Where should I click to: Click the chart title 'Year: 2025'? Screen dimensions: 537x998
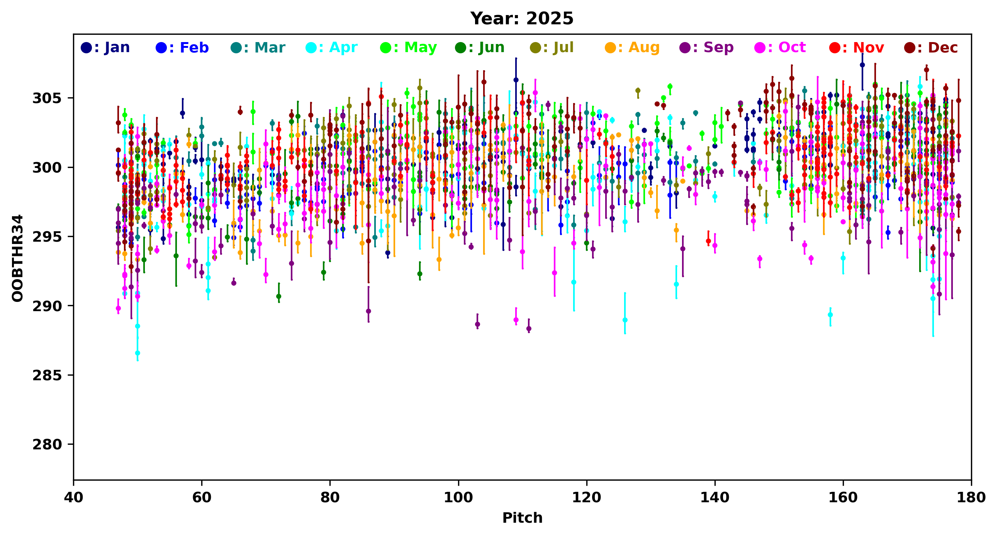521,19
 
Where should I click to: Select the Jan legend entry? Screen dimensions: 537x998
105,47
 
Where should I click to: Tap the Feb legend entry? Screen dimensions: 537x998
182,47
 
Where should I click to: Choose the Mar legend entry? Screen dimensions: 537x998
258,47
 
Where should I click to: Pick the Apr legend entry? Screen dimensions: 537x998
332,47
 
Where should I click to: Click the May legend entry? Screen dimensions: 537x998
408,47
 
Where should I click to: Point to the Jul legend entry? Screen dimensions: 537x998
552,47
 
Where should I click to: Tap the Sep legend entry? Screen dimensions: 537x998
706,47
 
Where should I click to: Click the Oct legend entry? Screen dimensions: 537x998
780,47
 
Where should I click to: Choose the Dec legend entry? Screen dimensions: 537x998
930,47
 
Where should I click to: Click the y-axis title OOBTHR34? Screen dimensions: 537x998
18,258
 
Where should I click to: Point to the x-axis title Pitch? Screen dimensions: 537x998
522,518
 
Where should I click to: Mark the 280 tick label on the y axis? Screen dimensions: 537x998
47,444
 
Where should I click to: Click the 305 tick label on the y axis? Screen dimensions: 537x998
47,98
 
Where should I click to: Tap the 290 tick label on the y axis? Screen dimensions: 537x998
47,306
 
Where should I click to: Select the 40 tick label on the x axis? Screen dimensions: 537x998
74,498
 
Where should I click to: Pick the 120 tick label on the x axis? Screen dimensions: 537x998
586,498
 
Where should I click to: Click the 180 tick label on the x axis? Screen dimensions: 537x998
971,498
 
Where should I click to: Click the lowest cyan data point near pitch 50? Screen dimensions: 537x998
137,353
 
